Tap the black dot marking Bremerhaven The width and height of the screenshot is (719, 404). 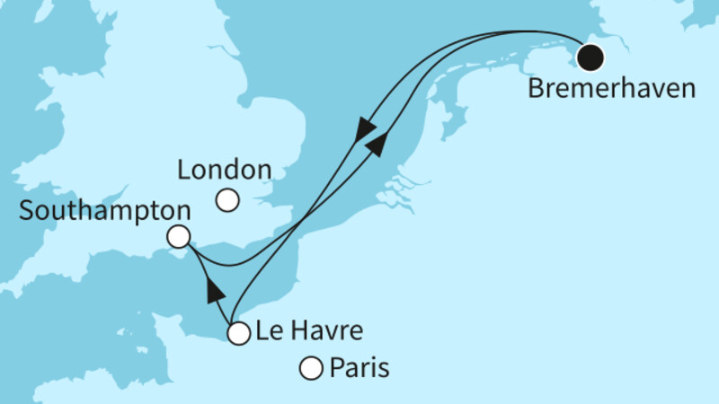tap(590, 57)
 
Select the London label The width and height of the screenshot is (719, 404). tap(225, 170)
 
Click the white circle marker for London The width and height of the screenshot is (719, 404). tap(228, 200)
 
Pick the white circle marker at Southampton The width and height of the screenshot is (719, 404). tap(179, 237)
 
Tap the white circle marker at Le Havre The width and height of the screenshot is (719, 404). tap(238, 334)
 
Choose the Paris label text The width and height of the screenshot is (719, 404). tap(359, 368)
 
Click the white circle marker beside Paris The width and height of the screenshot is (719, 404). tap(311, 368)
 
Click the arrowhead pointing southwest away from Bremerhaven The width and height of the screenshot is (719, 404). tap(365, 131)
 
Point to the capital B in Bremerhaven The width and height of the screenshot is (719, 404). tap(537, 90)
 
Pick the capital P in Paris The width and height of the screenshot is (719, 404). tap(338, 368)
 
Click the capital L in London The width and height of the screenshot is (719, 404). tap(184, 170)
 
